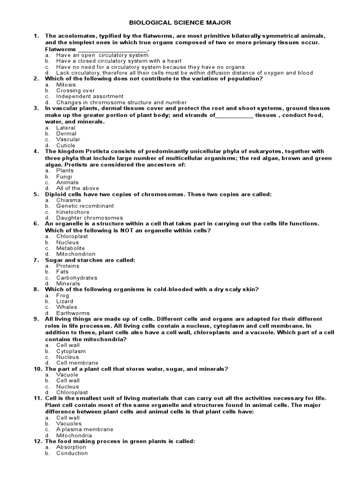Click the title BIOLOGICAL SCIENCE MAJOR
[x=180, y=22]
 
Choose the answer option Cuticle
[x=66, y=145]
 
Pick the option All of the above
[x=77, y=188]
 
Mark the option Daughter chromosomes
[x=90, y=218]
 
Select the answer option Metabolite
[x=70, y=248]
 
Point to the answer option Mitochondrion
[x=75, y=254]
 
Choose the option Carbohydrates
[x=77, y=278]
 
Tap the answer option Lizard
[x=65, y=301]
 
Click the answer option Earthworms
[x=73, y=313]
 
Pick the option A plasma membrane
[x=85, y=429]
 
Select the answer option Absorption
[x=71, y=447]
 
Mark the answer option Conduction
[x=72, y=453]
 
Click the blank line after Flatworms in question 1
[x=112, y=49]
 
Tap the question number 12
[x=37, y=442]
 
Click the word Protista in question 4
[x=97, y=151]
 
